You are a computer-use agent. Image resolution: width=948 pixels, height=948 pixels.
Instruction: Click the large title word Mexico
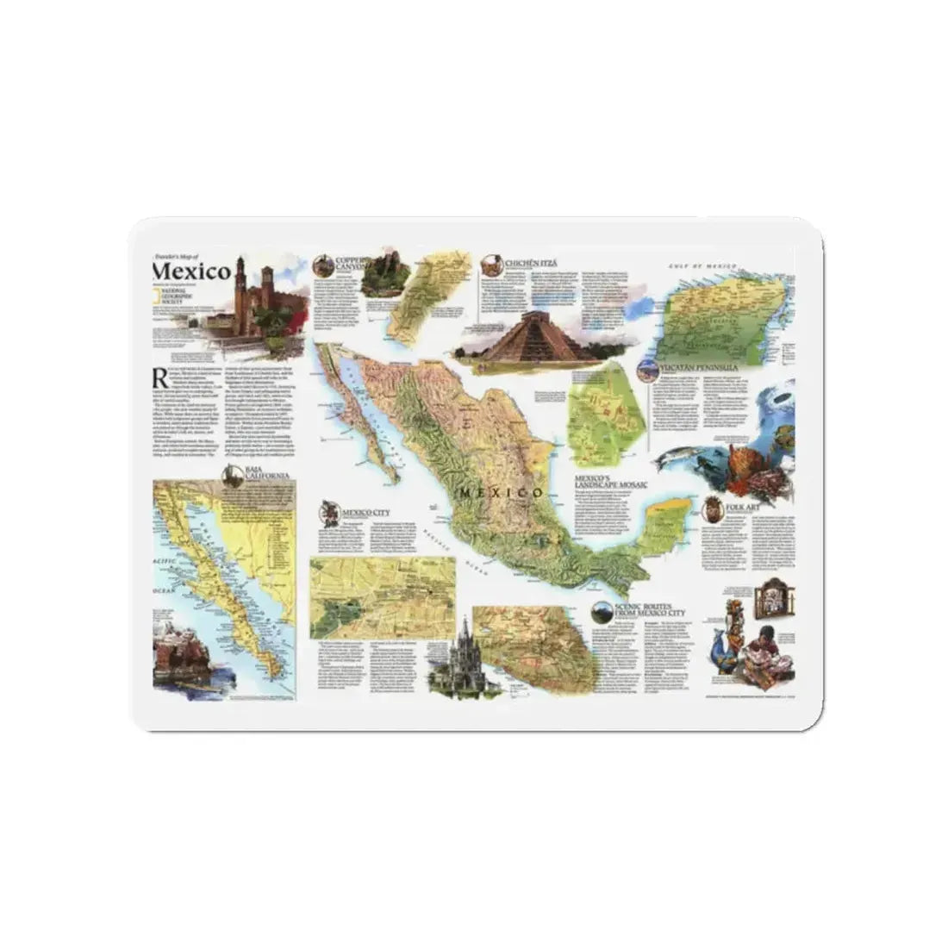(191, 271)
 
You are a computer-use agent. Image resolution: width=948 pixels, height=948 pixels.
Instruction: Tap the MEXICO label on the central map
(502, 492)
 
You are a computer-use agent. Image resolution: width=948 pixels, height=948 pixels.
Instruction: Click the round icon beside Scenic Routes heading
(601, 610)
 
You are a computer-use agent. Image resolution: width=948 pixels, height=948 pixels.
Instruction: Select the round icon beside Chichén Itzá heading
(493, 263)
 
